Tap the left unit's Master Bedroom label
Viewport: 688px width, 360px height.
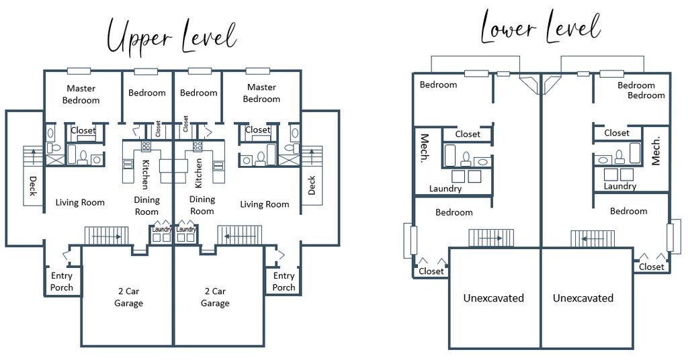[81, 94]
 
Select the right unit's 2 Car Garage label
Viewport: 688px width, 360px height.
[215, 298]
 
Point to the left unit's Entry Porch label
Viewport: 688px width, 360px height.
[61, 281]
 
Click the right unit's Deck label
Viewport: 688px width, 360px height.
[312, 185]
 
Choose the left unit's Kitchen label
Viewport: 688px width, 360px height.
[144, 174]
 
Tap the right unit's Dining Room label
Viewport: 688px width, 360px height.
[202, 206]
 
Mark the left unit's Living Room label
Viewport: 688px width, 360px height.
[80, 203]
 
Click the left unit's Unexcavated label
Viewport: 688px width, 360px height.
[494, 298]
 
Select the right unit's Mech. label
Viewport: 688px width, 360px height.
[656, 151]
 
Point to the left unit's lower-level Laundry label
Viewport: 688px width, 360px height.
[445, 189]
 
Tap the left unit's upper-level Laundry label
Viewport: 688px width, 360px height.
[162, 229]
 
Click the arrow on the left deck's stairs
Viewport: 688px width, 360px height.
[33, 156]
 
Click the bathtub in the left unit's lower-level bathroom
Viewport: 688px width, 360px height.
[450, 156]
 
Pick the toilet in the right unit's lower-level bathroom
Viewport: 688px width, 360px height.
[619, 156]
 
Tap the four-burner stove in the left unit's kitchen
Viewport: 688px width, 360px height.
[146, 146]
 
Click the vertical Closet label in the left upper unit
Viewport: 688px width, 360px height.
[158, 129]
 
